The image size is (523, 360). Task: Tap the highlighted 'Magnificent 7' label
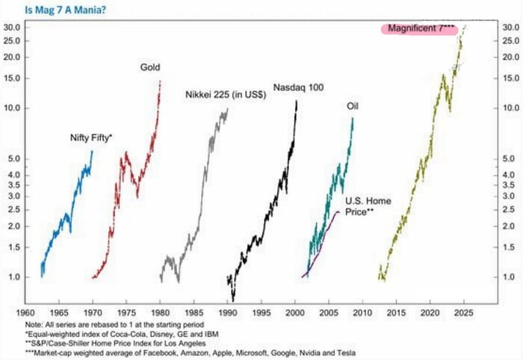click(x=421, y=28)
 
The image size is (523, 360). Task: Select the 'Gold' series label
click(x=150, y=68)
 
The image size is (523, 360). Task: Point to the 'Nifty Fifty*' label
click(x=91, y=138)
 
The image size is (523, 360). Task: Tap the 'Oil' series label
click(x=353, y=106)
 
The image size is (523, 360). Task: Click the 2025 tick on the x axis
click(x=464, y=311)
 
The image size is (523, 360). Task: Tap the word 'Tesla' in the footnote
click(x=344, y=351)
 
